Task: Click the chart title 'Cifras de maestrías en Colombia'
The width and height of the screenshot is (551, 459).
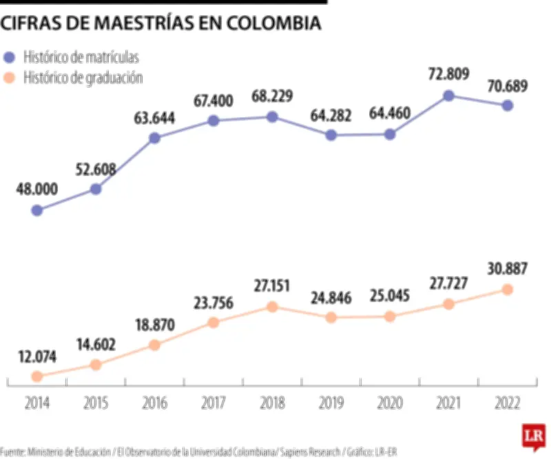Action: pyautogui.click(x=160, y=24)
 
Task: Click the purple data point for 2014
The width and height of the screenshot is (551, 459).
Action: pyautogui.click(x=37, y=210)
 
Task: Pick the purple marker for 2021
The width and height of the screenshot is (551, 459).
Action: pyautogui.click(x=448, y=96)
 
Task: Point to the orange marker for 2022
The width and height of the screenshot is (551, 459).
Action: pyautogui.click(x=507, y=289)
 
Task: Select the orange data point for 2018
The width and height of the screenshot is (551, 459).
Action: pyautogui.click(x=272, y=307)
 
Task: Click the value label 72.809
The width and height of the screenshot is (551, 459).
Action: pyautogui.click(x=448, y=73)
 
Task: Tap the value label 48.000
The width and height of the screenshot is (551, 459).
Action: pyautogui.click(x=37, y=188)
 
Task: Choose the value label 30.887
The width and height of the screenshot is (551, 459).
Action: pyautogui.click(x=507, y=268)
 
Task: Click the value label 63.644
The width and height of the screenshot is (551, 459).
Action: pyautogui.click(x=154, y=116)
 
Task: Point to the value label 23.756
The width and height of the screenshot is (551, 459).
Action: pyautogui.click(x=214, y=301)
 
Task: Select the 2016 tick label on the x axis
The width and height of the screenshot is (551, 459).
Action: pyautogui.click(x=154, y=404)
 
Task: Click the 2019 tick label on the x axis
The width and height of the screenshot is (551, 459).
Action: pyautogui.click(x=331, y=404)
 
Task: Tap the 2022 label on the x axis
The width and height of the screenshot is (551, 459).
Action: pyautogui.click(x=507, y=404)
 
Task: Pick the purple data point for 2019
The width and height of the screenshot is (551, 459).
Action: pyautogui.click(x=331, y=135)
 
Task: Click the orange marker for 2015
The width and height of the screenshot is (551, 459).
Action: pyautogui.click(x=96, y=365)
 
